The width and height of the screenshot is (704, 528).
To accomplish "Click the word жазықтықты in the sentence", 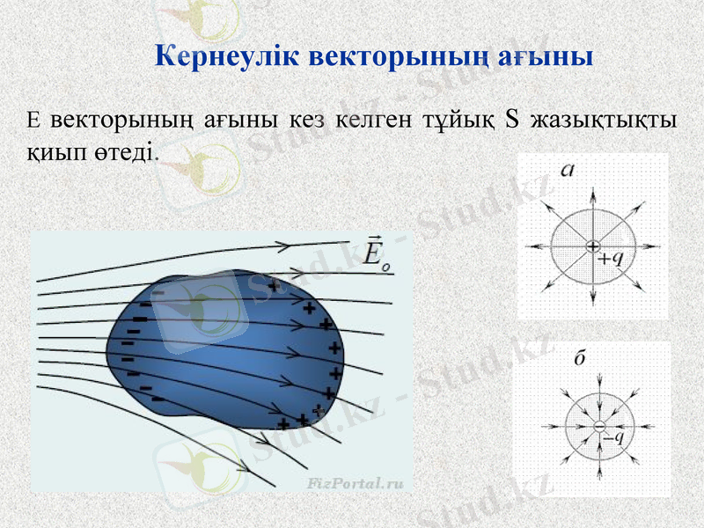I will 607,120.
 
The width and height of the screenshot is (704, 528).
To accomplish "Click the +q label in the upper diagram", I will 610,259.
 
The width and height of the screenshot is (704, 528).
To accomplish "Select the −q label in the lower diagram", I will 612,434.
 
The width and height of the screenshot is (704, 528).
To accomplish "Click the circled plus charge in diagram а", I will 593,246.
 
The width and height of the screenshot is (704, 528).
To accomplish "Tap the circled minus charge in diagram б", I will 598,426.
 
